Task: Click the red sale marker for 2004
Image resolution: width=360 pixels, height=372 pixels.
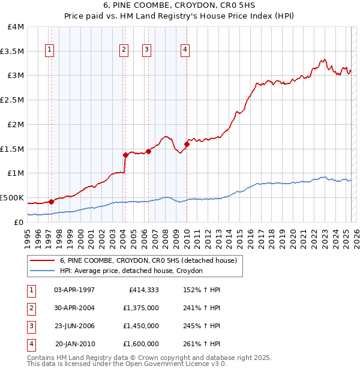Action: click(x=125, y=155)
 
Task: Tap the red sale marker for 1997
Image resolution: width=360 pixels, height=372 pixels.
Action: click(x=51, y=202)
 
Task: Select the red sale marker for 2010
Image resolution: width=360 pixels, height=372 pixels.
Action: click(x=187, y=143)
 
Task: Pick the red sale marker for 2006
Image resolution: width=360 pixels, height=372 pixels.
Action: click(x=148, y=151)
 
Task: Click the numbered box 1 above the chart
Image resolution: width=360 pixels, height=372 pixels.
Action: click(x=49, y=50)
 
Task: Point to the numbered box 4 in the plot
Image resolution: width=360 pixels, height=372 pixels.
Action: click(x=185, y=50)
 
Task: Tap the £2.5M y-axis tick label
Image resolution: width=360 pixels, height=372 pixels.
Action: click(x=13, y=100)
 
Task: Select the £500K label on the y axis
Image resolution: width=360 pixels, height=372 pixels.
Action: click(x=12, y=197)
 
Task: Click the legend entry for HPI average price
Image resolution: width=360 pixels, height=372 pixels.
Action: click(x=131, y=271)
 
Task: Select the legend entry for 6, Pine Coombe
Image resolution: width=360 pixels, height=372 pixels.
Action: click(x=148, y=260)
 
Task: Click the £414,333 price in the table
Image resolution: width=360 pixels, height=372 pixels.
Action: click(x=143, y=290)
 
